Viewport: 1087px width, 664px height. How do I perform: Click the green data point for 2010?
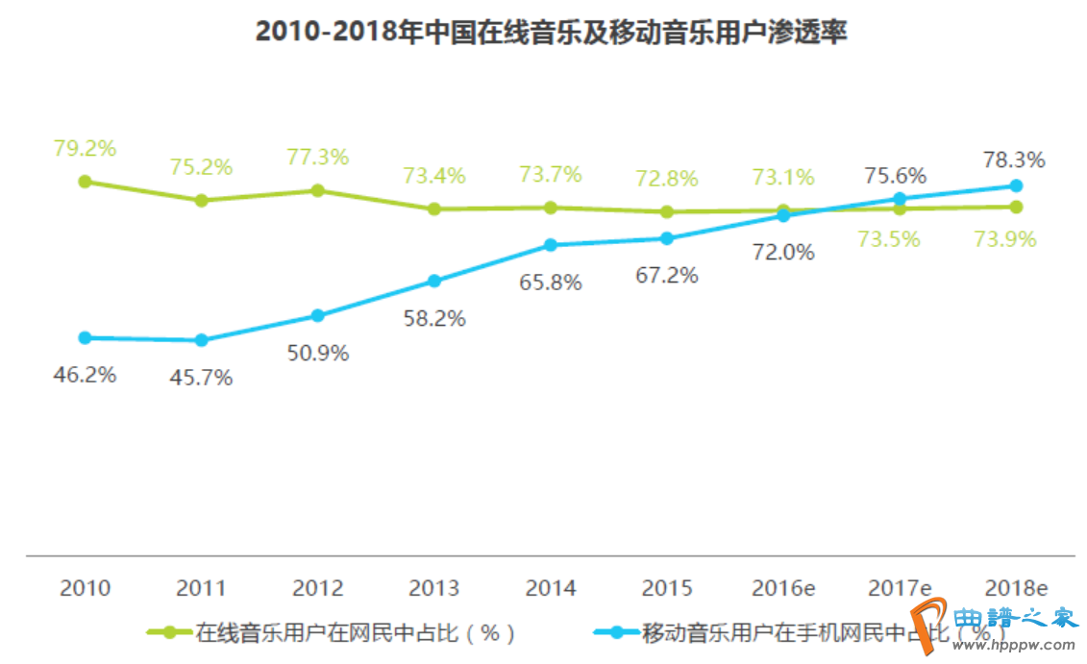point(85,181)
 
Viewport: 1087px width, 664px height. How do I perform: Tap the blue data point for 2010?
point(85,337)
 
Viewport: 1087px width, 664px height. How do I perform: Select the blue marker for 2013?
point(434,281)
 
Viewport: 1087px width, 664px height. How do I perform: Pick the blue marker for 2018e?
point(1016,185)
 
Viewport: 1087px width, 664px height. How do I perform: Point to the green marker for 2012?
point(317,190)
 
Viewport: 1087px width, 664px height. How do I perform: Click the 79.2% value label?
point(85,149)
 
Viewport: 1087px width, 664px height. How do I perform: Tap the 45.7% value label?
point(201,378)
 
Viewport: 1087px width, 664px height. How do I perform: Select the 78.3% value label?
point(1014,160)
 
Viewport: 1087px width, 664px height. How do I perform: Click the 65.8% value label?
point(551,283)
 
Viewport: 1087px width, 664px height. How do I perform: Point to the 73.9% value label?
point(1005,239)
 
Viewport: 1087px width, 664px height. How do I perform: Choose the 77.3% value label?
point(317,157)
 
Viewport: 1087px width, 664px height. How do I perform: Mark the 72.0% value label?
point(783,252)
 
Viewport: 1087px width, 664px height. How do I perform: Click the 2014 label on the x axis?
point(551,587)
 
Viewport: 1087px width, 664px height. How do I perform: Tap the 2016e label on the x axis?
point(783,587)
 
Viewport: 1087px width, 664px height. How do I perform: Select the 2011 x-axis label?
point(201,587)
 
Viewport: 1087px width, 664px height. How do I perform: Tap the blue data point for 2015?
point(667,238)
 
